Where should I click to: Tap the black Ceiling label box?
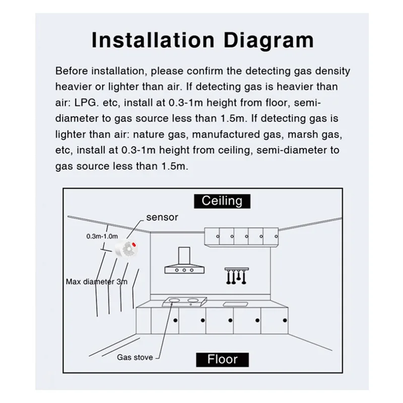pos(222,201)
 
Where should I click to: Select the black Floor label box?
pos(222,359)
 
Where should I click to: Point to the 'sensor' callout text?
pos(162,218)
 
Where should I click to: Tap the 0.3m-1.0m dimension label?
pos(102,236)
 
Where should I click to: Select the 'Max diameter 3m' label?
pos(97,281)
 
